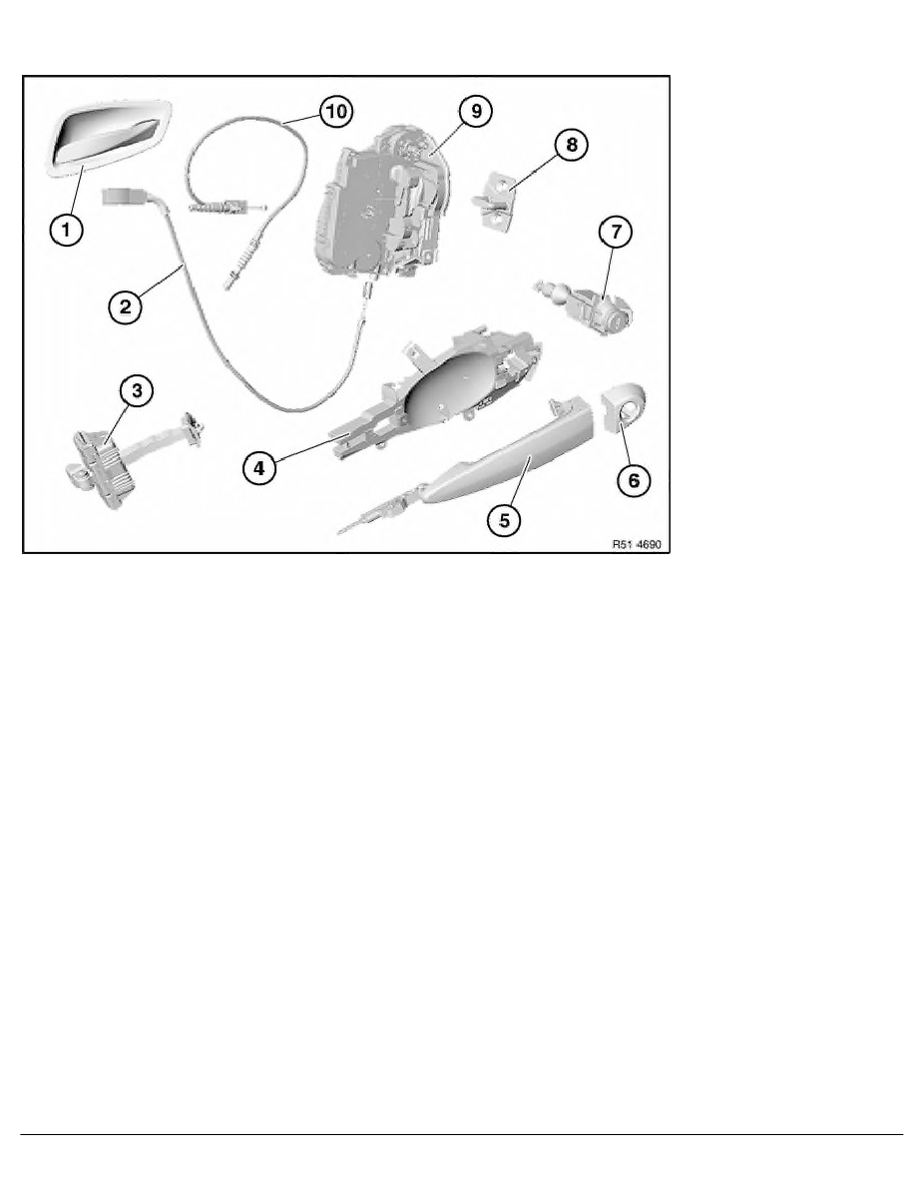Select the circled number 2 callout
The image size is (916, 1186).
pos(124,305)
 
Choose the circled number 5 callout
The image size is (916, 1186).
pos(503,518)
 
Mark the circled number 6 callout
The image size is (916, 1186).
pos(633,479)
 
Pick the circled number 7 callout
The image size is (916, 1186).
pos(615,234)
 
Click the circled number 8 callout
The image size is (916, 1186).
pos(571,146)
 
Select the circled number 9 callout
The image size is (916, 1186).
pos(475,112)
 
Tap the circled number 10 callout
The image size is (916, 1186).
pos(335,111)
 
